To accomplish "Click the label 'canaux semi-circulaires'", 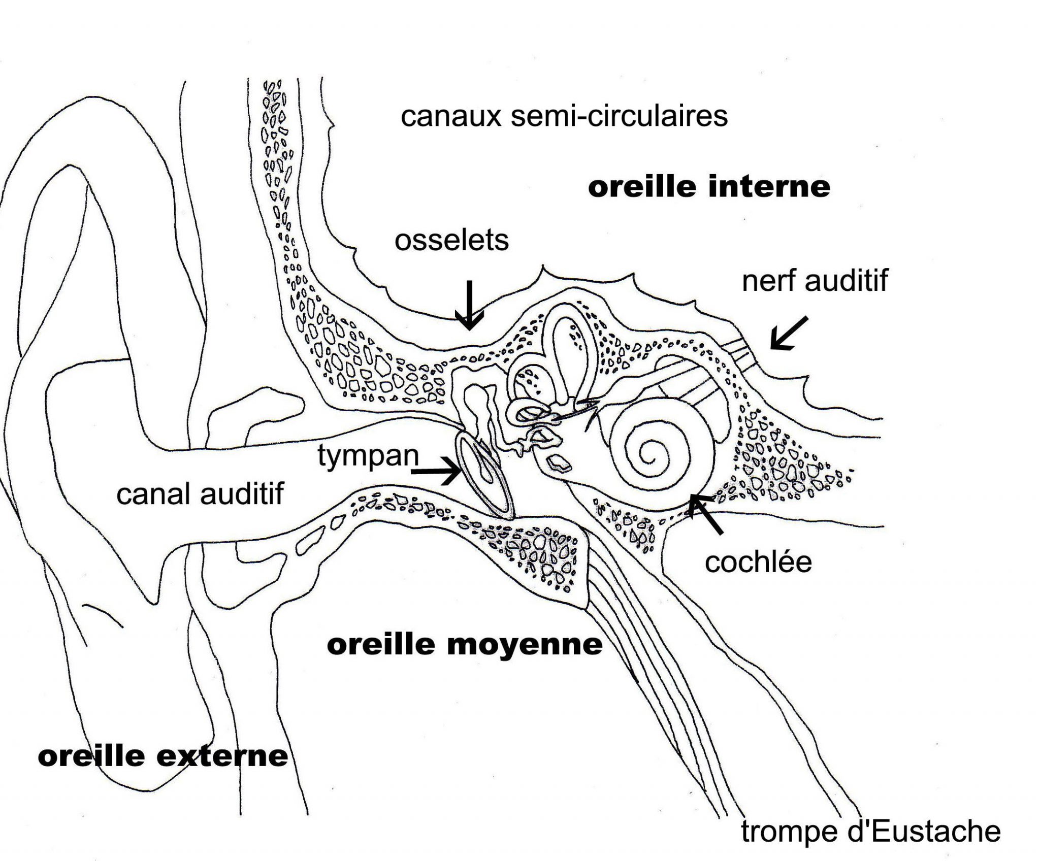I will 564,117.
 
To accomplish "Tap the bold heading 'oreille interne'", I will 709,187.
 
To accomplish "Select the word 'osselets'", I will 451,240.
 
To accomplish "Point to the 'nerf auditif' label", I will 815,280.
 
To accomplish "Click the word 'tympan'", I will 368,455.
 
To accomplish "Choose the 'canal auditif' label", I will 200,493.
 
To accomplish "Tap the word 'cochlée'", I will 758,562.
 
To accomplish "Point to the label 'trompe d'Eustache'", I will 871,832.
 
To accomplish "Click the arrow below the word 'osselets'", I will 469,305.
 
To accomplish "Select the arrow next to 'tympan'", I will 438,471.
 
